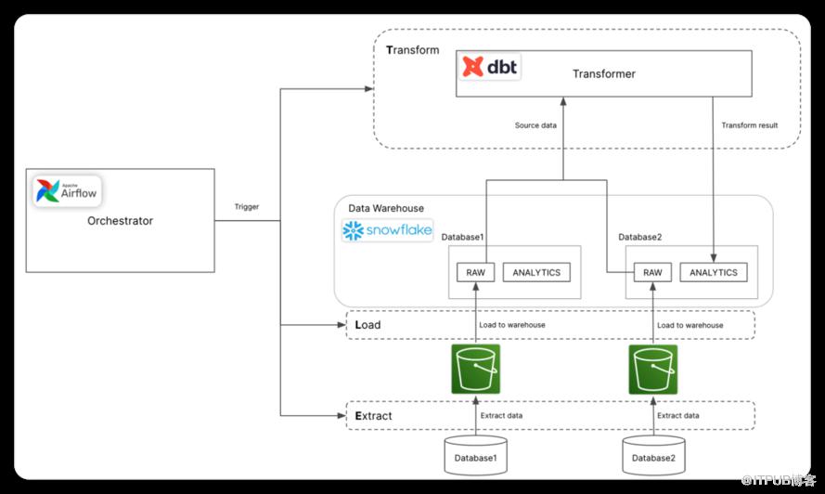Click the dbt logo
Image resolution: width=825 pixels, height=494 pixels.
click(489, 66)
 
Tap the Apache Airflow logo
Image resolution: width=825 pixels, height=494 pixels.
click(67, 190)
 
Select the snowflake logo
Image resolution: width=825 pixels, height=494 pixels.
click(387, 230)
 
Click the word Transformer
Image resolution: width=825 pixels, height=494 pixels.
click(604, 73)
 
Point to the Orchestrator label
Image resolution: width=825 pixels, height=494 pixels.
click(120, 221)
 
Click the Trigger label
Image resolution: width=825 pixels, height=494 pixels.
click(247, 206)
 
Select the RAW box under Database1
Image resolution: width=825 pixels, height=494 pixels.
click(476, 272)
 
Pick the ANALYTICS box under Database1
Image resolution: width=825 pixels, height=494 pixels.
click(536, 272)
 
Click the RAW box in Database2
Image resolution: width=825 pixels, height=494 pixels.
click(652, 272)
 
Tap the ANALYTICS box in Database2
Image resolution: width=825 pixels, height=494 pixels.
click(714, 272)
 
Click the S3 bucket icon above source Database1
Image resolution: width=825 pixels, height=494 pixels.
click(476, 369)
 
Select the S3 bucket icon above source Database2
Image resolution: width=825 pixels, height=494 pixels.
click(653, 370)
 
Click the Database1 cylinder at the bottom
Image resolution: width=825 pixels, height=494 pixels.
click(476, 455)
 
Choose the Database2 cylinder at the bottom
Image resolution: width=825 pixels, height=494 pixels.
click(653, 455)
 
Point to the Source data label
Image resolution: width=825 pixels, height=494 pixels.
click(535, 125)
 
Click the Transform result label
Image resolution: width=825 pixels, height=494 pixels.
click(750, 125)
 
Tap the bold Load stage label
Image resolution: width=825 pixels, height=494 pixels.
click(367, 325)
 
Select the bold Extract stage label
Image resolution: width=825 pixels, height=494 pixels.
click(374, 415)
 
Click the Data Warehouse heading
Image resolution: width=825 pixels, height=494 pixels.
click(386, 208)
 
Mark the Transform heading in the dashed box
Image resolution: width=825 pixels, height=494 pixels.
click(412, 50)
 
